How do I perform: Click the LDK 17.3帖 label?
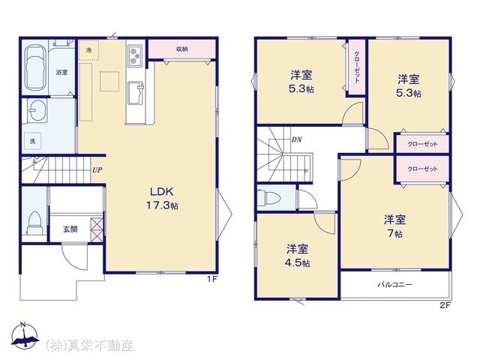[162, 198]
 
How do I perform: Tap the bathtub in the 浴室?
[35, 68]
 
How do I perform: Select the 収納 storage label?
[181, 49]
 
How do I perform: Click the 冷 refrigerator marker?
[88, 50]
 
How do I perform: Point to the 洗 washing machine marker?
[32, 142]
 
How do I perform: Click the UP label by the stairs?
[97, 170]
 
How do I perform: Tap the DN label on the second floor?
[296, 140]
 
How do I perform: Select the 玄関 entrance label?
[70, 229]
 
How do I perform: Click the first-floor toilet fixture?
[34, 223]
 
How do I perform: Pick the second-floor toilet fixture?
[268, 197]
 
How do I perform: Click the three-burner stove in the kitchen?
[135, 55]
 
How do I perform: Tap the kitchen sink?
[135, 93]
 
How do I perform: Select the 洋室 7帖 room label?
[394, 226]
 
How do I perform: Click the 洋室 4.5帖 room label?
[297, 256]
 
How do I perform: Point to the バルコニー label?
[394, 285]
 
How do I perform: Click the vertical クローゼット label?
[357, 67]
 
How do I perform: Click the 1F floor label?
[212, 279]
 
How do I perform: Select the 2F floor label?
[445, 305]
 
